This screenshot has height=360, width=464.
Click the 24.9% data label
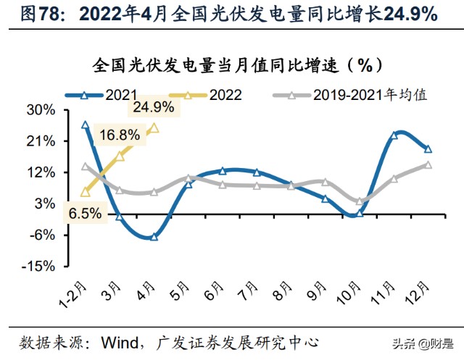154,107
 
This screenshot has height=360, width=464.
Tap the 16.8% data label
120,135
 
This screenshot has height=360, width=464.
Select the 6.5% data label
86,213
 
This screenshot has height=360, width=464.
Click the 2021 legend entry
101,95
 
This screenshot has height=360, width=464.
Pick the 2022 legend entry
205,95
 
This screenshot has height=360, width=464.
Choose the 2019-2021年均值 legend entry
350,95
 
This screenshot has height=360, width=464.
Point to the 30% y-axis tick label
41,110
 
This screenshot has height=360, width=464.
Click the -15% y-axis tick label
38,267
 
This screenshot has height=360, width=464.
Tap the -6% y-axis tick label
42,235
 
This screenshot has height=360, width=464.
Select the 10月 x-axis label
349,293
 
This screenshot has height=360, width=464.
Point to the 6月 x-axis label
214,291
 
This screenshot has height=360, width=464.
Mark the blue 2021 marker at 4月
154,237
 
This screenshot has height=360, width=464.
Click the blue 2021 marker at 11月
394,135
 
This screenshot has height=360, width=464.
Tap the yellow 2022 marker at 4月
154,128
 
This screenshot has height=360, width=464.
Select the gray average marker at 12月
428,164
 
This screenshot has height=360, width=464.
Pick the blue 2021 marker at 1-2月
86,125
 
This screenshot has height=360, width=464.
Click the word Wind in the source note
120,343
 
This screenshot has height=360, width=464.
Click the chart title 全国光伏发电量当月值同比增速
215,66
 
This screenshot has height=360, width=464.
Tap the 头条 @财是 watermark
423,344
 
